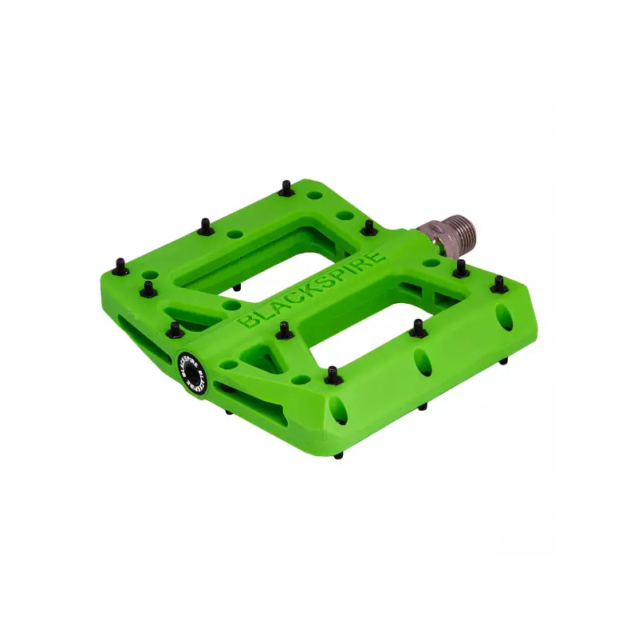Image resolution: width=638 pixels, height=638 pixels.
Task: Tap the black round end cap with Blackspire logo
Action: click(x=192, y=372)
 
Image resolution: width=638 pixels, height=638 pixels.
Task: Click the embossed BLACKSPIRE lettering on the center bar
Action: click(x=311, y=289)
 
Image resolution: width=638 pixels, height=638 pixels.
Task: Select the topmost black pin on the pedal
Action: click(x=286, y=188)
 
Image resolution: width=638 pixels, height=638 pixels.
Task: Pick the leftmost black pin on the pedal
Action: click(x=121, y=267)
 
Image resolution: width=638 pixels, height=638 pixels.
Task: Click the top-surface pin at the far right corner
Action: click(x=499, y=285)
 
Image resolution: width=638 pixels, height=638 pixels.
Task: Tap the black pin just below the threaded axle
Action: click(x=461, y=269)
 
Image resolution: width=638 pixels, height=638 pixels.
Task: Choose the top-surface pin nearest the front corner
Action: click(x=333, y=376)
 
